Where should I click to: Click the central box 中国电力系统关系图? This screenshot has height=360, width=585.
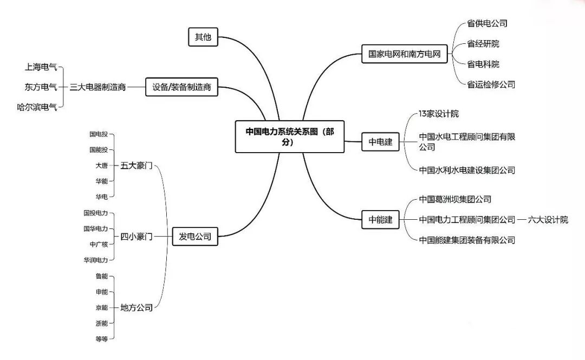290,136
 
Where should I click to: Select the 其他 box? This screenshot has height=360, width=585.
203,37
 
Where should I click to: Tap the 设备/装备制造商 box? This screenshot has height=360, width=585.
181,87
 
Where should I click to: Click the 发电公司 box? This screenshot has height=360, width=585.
195,236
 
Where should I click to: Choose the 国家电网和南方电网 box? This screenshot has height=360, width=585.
405,54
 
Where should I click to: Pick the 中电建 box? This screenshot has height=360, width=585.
381,142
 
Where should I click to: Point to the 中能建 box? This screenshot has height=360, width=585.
381,220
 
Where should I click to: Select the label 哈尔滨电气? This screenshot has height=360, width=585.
37,107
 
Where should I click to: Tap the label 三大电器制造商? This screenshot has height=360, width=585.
97,87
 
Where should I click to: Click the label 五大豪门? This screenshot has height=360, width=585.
136,165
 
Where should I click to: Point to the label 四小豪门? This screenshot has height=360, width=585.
136,237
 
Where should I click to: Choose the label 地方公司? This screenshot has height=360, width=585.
136,307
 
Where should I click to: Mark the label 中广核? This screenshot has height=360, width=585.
99,244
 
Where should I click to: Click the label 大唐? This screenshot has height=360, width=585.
101,165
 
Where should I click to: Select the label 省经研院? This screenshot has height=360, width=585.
483,44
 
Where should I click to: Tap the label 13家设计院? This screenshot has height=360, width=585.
439,114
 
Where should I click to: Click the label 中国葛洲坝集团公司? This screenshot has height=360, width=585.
455,200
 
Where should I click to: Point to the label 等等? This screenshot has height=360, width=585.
101,339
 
